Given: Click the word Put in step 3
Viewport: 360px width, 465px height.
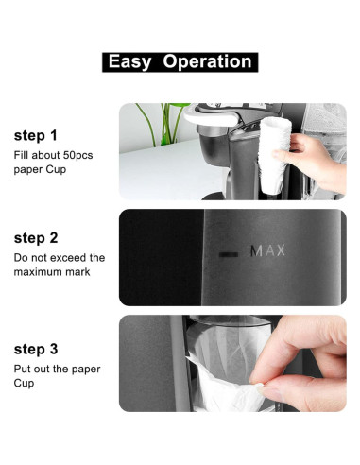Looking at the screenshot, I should pyautogui.click(x=23, y=369).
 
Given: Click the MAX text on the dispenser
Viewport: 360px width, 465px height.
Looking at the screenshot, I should pyautogui.click(x=266, y=251).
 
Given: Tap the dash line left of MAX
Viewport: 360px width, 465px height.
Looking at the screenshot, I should pyautogui.click(x=229, y=253).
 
